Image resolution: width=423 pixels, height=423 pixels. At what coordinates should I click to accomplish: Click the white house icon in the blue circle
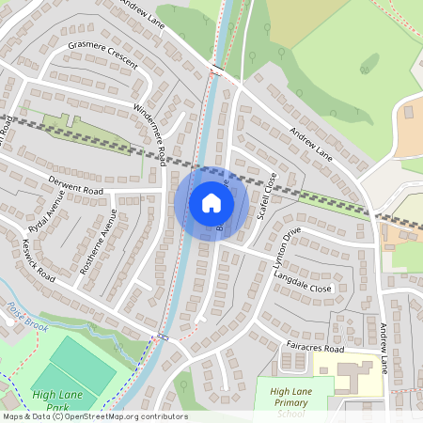tap(211, 203)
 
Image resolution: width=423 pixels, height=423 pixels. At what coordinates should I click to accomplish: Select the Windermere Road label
tap(151, 131)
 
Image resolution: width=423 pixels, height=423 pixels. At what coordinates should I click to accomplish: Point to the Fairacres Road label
tap(315, 348)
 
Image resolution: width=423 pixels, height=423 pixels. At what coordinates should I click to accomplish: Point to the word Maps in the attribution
tap(13, 416)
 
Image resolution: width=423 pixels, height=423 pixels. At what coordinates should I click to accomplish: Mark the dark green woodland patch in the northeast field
tap(368, 64)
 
